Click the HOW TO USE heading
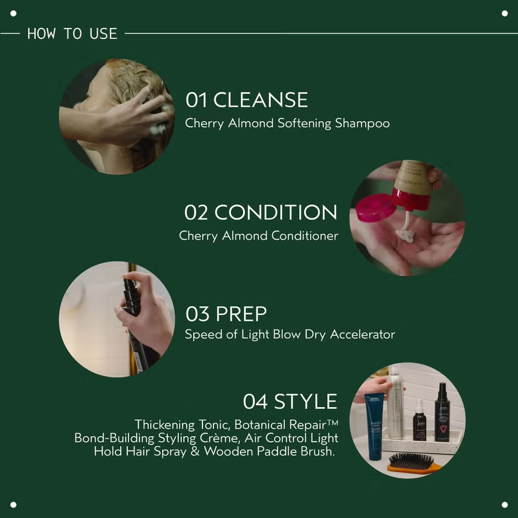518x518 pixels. pos(72,33)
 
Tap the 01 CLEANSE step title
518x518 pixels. pos(246,100)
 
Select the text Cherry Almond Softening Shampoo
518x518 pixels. pos(287,123)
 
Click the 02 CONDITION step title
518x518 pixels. pos(261,212)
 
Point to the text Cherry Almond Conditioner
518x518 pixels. pos(258,235)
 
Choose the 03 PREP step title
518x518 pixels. pos(226,314)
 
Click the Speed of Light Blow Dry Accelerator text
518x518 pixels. pos(290,334)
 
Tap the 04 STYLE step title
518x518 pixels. pos(290,402)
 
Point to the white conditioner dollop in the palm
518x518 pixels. pos(405,236)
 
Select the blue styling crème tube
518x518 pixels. pos(374,425)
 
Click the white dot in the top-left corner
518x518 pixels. pos(13,13)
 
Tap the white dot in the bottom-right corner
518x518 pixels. pos(504,504)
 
